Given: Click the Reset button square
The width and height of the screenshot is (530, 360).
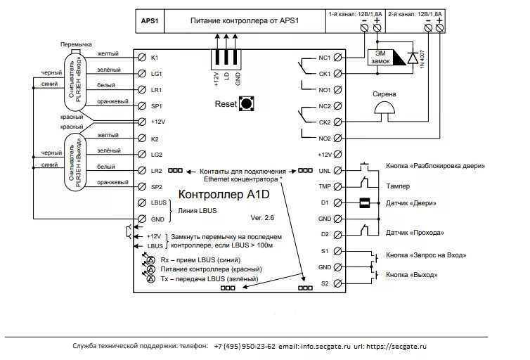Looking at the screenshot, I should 247,105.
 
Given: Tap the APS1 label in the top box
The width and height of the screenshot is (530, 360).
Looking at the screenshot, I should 150,21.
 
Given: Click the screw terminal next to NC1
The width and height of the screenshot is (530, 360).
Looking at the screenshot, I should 338,57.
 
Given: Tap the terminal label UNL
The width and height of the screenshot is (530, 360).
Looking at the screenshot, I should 324,170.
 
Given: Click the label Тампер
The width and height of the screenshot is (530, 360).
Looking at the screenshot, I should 398,186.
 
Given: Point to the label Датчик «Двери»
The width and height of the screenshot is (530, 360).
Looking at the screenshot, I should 412,204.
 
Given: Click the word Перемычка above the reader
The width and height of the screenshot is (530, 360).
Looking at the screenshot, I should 77,44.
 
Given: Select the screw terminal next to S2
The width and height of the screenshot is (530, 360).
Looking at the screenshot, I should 338,283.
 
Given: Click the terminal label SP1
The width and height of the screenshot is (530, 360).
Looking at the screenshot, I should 156,106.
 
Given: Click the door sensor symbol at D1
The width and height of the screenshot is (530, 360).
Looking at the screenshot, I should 365,203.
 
